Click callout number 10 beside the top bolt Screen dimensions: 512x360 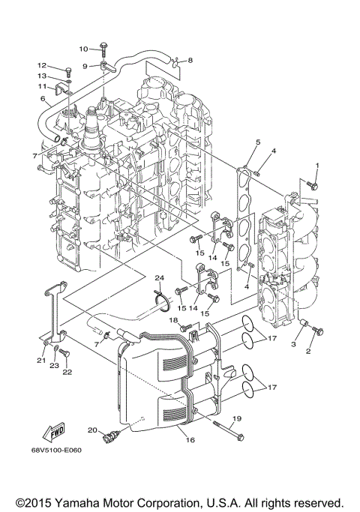click(x=83, y=48)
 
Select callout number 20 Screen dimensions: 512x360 click(x=92, y=430)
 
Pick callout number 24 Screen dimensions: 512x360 click(x=159, y=278)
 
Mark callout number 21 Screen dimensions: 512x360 click(x=40, y=361)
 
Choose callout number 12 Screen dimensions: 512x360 click(x=43, y=65)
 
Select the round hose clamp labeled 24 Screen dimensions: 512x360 click(x=159, y=302)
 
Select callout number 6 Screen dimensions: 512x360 click(x=43, y=99)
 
